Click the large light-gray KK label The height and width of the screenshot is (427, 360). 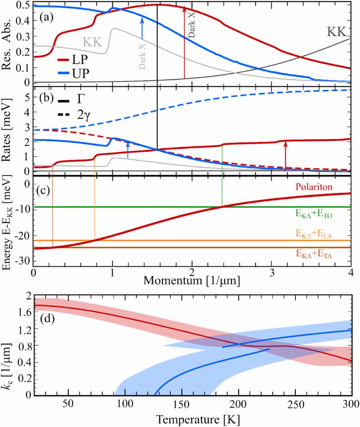point(93,43)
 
